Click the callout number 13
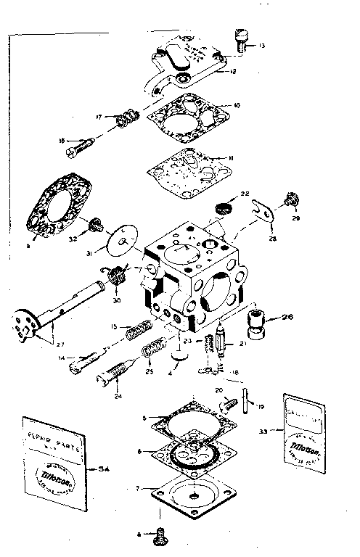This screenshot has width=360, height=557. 261,46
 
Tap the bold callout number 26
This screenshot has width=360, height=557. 287,317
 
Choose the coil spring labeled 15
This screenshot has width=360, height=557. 139,334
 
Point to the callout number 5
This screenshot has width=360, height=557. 145,418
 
